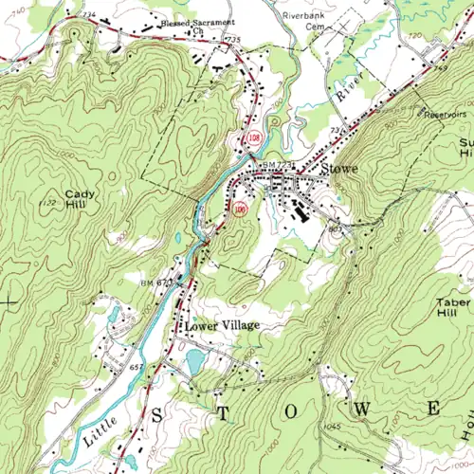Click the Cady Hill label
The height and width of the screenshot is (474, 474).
click(79, 199)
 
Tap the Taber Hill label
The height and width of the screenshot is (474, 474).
click(453, 308)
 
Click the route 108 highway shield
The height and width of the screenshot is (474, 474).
click(251, 138)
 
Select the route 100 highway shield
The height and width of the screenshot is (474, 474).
click(241, 207)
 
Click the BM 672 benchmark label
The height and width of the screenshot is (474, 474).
click(156, 283)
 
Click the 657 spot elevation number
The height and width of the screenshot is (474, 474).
click(137, 366)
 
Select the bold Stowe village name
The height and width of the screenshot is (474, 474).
click(338, 169)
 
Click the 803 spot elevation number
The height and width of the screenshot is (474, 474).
click(333, 227)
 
